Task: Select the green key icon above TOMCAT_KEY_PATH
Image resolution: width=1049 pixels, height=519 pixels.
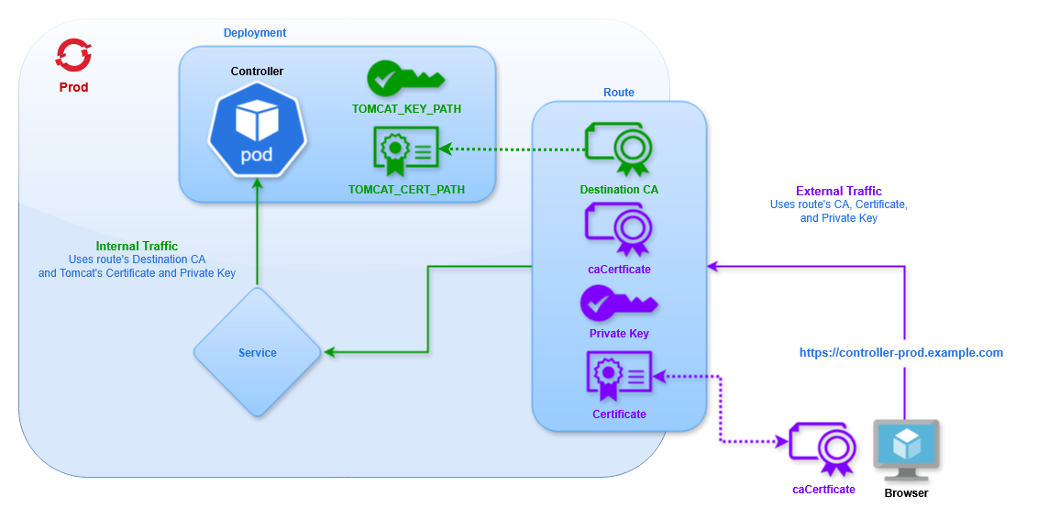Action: tap(404, 80)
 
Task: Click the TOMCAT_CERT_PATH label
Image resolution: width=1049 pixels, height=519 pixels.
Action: tap(406, 190)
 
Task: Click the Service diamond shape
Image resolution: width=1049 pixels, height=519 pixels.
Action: tap(257, 352)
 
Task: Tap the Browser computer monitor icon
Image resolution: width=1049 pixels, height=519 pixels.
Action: tap(906, 450)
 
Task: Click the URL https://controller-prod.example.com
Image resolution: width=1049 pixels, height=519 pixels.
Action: tap(901, 352)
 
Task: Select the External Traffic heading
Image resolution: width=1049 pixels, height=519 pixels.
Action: tap(838, 192)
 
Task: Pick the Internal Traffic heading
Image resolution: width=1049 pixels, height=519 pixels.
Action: tap(137, 246)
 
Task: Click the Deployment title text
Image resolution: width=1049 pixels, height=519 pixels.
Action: tap(255, 33)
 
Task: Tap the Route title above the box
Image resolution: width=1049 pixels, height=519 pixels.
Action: tap(619, 93)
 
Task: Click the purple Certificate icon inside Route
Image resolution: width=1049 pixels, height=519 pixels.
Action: tap(619, 376)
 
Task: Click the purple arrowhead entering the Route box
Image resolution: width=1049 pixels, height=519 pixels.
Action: tap(712, 267)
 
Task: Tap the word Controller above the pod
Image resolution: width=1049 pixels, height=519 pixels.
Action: tap(257, 72)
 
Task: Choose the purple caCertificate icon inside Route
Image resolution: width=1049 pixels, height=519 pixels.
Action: tap(619, 230)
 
